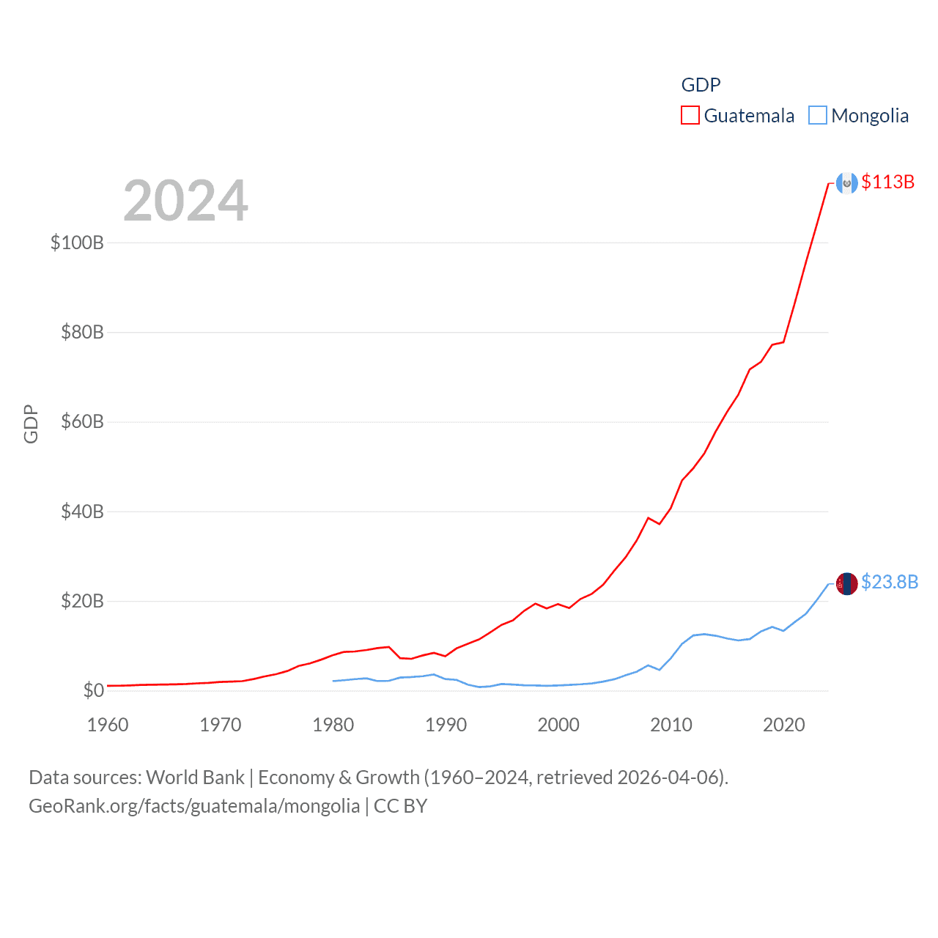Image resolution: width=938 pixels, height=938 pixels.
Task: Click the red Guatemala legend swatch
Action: [690, 116]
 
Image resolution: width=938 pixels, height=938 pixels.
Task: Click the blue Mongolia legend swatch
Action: [818, 116]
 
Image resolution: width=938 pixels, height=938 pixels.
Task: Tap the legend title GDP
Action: [701, 85]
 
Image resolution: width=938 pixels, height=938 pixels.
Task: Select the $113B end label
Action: [887, 182]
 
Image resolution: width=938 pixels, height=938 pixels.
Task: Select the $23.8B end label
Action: [889, 582]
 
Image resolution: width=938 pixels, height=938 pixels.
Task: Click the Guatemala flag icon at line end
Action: [847, 183]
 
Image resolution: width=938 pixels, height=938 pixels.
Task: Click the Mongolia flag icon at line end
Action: [847, 583]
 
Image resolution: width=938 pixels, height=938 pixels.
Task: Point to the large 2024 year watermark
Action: [185, 201]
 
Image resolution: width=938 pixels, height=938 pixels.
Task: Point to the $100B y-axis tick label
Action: [77, 243]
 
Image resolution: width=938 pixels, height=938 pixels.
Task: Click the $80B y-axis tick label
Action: [82, 333]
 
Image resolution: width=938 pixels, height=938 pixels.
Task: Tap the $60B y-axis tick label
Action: [82, 422]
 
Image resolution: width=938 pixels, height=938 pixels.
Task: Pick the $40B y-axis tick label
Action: [82, 512]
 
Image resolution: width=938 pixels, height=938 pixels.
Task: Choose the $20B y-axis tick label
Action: [82, 602]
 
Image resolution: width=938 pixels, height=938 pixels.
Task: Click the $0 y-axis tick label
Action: [93, 691]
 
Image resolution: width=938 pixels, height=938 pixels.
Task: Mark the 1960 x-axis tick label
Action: [108, 725]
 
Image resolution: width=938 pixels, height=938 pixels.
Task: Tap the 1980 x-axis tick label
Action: [333, 725]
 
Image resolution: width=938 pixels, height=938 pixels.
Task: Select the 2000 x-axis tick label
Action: [558, 725]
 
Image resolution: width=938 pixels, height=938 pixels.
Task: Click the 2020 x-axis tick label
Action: [784, 725]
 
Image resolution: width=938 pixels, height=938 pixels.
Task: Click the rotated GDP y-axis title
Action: [31, 424]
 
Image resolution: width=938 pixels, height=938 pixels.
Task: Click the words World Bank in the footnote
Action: [195, 778]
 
